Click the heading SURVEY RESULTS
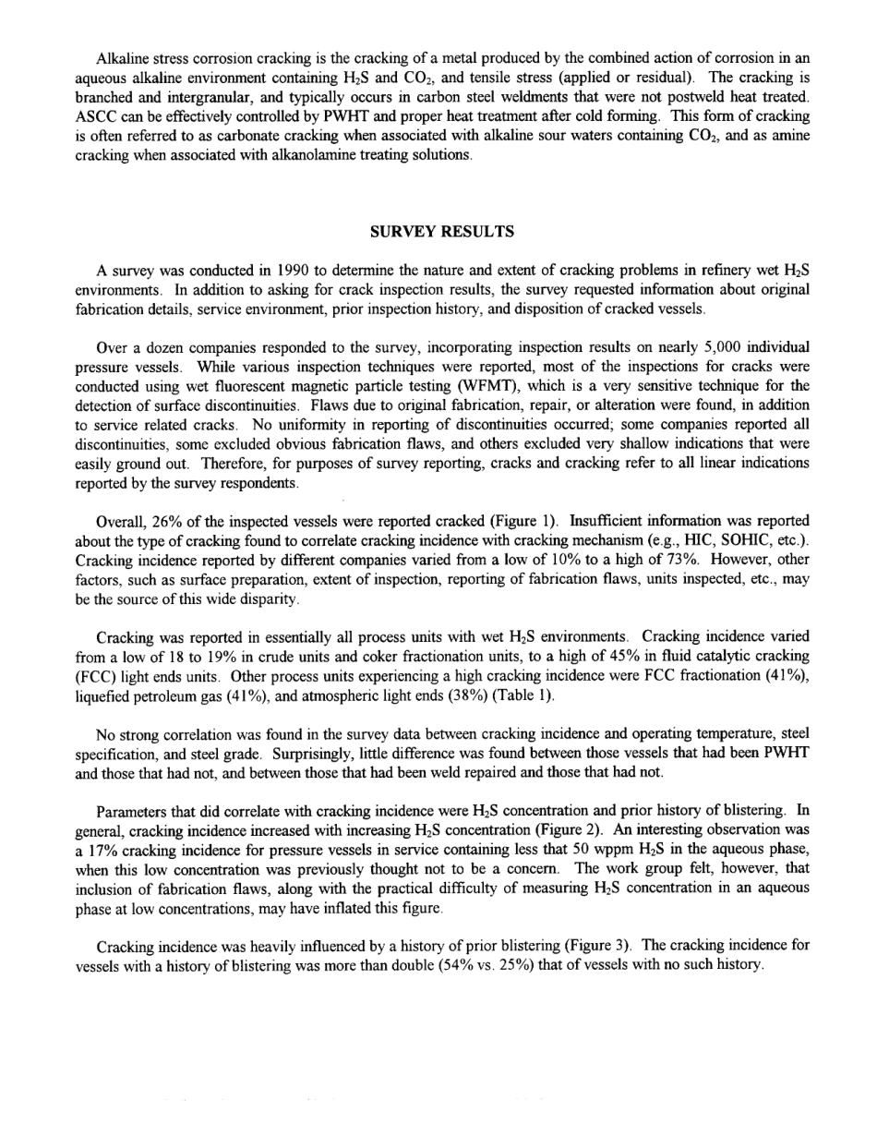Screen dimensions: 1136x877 (x=441, y=232)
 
